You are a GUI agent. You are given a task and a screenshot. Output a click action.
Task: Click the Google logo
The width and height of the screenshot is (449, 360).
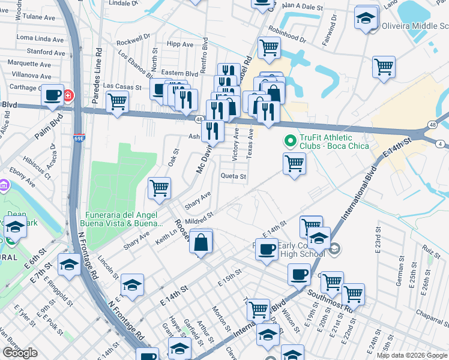[x=20, y=352]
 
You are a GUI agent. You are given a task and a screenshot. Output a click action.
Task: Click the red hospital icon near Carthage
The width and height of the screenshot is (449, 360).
[x=68, y=95]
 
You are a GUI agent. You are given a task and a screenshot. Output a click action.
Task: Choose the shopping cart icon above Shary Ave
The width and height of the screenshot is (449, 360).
[x=160, y=188]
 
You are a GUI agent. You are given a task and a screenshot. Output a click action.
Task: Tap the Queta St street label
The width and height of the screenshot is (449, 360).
[x=234, y=176]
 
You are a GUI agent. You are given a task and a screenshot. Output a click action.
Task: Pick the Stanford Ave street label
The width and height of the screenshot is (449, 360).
[x=40, y=52]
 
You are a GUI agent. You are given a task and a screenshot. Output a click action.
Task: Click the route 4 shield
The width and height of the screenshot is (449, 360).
[x=440, y=143]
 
